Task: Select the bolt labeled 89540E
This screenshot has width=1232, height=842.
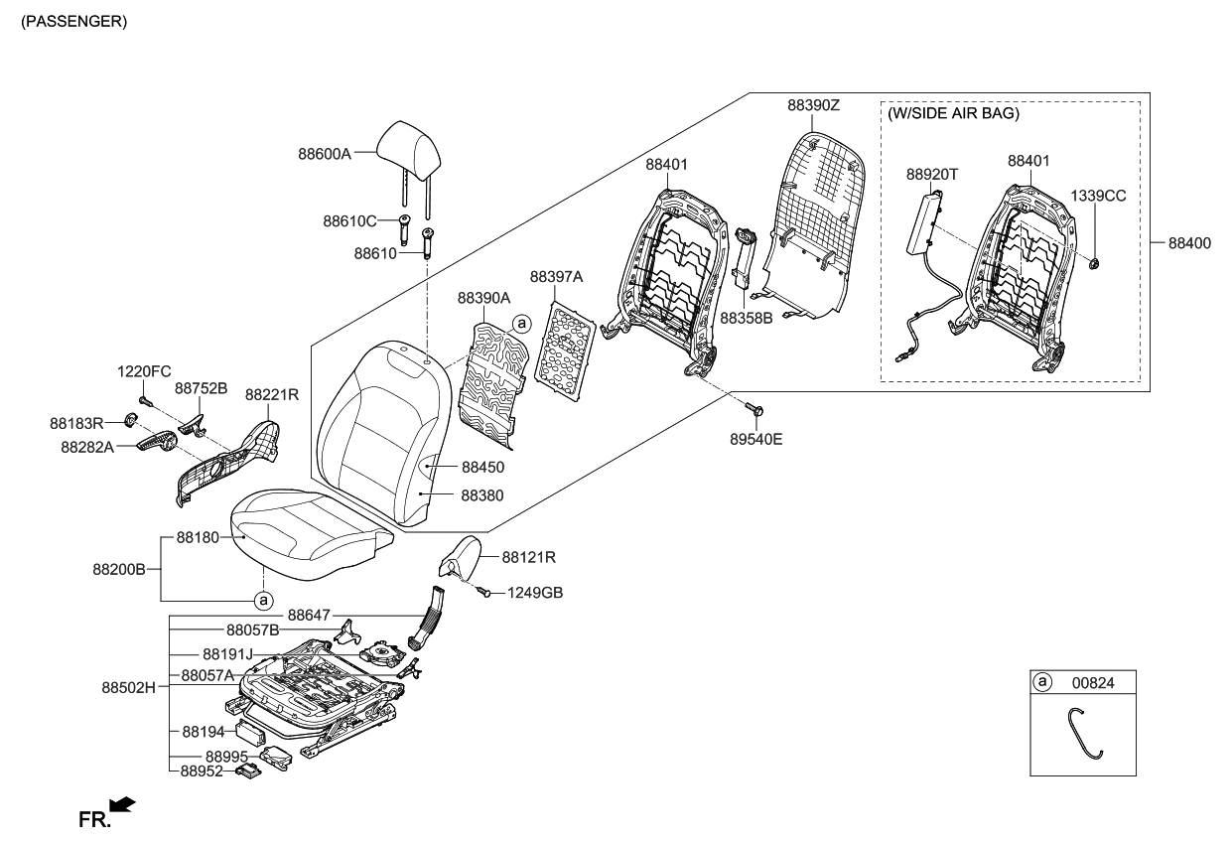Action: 753,409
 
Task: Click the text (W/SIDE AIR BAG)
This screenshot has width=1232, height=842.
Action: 954,114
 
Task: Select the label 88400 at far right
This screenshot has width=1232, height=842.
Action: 1188,242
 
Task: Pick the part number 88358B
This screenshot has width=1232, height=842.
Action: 746,320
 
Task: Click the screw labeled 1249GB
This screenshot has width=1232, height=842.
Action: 485,593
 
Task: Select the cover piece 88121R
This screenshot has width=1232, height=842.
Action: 461,556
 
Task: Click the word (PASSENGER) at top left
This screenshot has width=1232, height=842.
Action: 73,21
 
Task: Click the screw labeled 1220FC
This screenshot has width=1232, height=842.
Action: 145,400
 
